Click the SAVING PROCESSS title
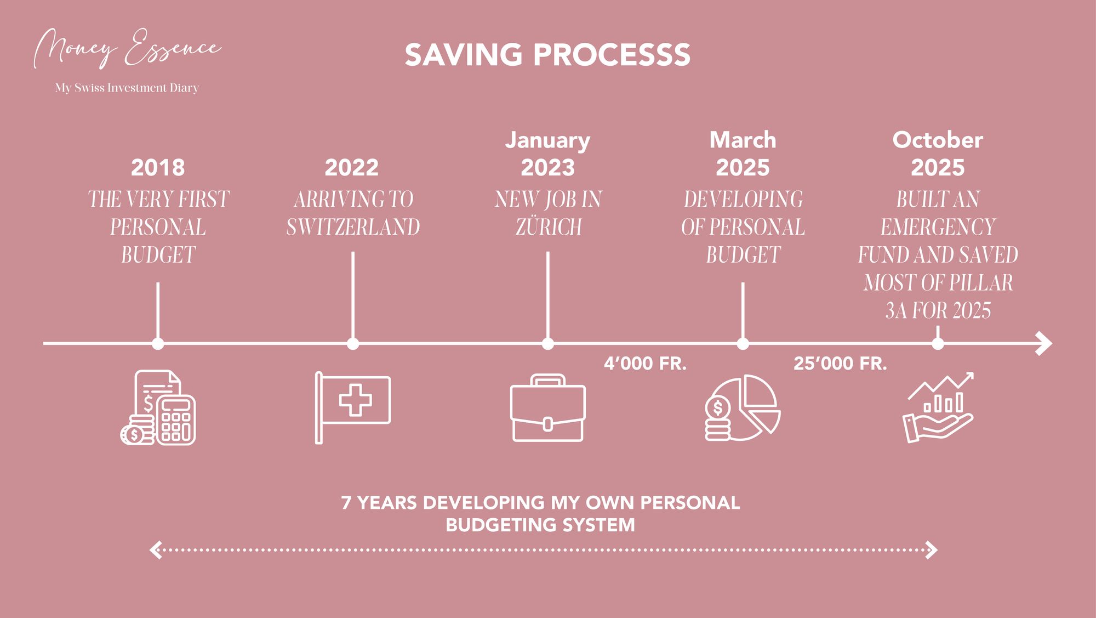[547, 55]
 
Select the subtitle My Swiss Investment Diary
[127, 88]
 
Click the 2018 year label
[158, 168]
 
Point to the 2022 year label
[352, 168]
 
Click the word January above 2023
[547, 140]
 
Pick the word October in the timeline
[938, 140]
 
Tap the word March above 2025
[743, 140]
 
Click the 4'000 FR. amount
[645, 364]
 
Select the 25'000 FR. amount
[840, 364]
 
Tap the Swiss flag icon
[353, 407]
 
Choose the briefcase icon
[547, 409]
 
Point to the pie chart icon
[743, 409]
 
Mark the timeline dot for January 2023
[547, 344]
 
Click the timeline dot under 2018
[158, 344]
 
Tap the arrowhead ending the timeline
[1044, 344]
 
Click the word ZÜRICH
[548, 227]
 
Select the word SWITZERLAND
[353, 227]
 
